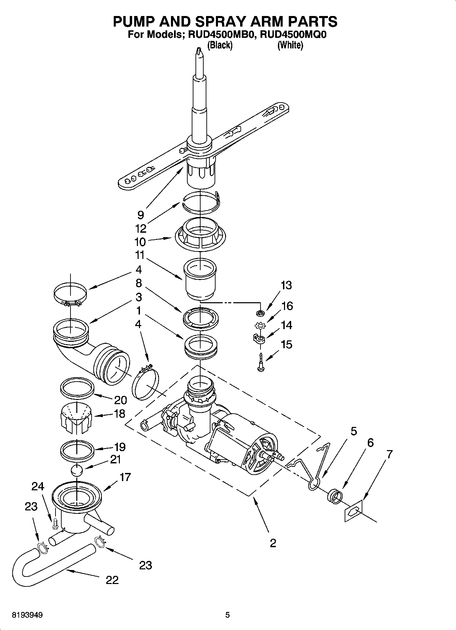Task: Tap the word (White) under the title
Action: [x=290, y=45]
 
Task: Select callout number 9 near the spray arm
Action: [x=141, y=215]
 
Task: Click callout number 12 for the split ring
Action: [x=141, y=228]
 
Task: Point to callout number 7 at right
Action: [x=389, y=454]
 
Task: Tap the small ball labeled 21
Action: [x=77, y=471]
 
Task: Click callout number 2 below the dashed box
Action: [x=273, y=543]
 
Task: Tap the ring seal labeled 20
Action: [x=77, y=388]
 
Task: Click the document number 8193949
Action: [x=27, y=615]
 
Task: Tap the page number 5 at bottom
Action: [x=227, y=615]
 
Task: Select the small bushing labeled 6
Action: [x=334, y=496]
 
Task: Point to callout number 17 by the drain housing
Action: [x=125, y=477]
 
